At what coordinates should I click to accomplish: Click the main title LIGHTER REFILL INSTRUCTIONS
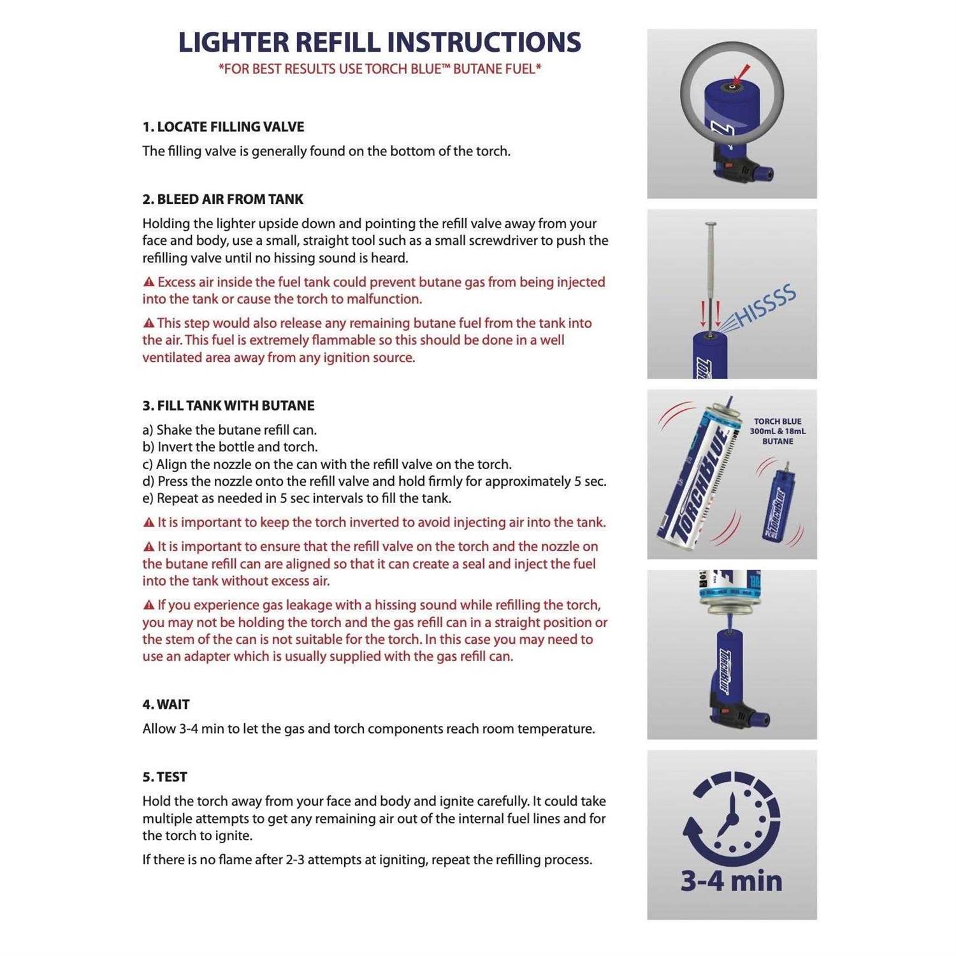pos(379,42)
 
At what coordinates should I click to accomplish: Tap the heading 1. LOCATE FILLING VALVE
pos(223,127)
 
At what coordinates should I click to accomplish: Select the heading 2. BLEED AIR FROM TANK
pos(222,199)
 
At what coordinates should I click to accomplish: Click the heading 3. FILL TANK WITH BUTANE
pos(228,406)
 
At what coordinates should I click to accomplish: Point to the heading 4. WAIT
pos(166,705)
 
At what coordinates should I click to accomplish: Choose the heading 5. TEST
pos(164,778)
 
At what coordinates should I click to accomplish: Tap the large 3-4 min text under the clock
pos(732,881)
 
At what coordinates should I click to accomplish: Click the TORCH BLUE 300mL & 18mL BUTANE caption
pos(778,431)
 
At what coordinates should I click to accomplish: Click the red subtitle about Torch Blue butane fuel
pos(379,69)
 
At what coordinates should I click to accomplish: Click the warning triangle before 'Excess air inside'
pos(148,282)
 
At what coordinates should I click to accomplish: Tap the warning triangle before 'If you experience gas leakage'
pos(148,605)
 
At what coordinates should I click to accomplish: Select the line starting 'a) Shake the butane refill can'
pos(229,430)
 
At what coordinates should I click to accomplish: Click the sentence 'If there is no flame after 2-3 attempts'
pos(367,860)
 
